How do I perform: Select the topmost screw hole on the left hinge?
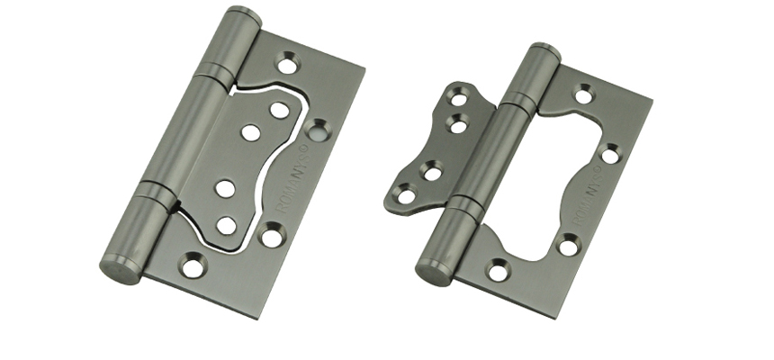point(287,64)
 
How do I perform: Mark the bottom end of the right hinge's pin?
point(433,270)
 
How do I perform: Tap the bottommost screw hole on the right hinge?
point(498,269)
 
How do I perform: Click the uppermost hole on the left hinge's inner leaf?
point(279,110)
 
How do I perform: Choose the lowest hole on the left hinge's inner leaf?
point(226,224)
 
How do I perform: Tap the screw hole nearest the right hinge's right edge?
point(610,154)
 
